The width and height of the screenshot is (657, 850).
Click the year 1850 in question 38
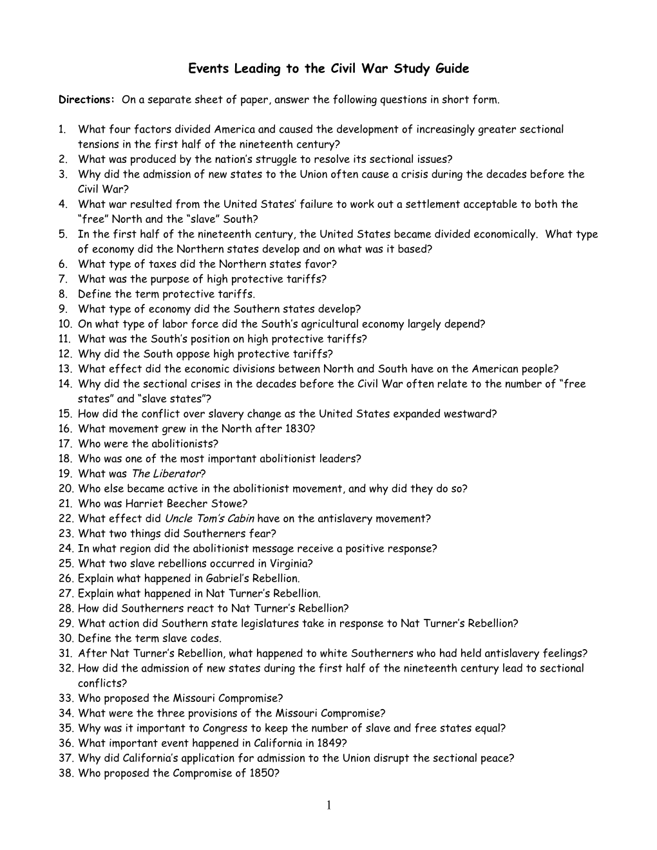tap(262, 773)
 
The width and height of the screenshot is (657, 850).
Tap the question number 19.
tap(66, 474)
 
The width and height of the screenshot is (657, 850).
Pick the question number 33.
tap(66, 698)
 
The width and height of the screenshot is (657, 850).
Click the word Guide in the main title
tap(453, 68)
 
